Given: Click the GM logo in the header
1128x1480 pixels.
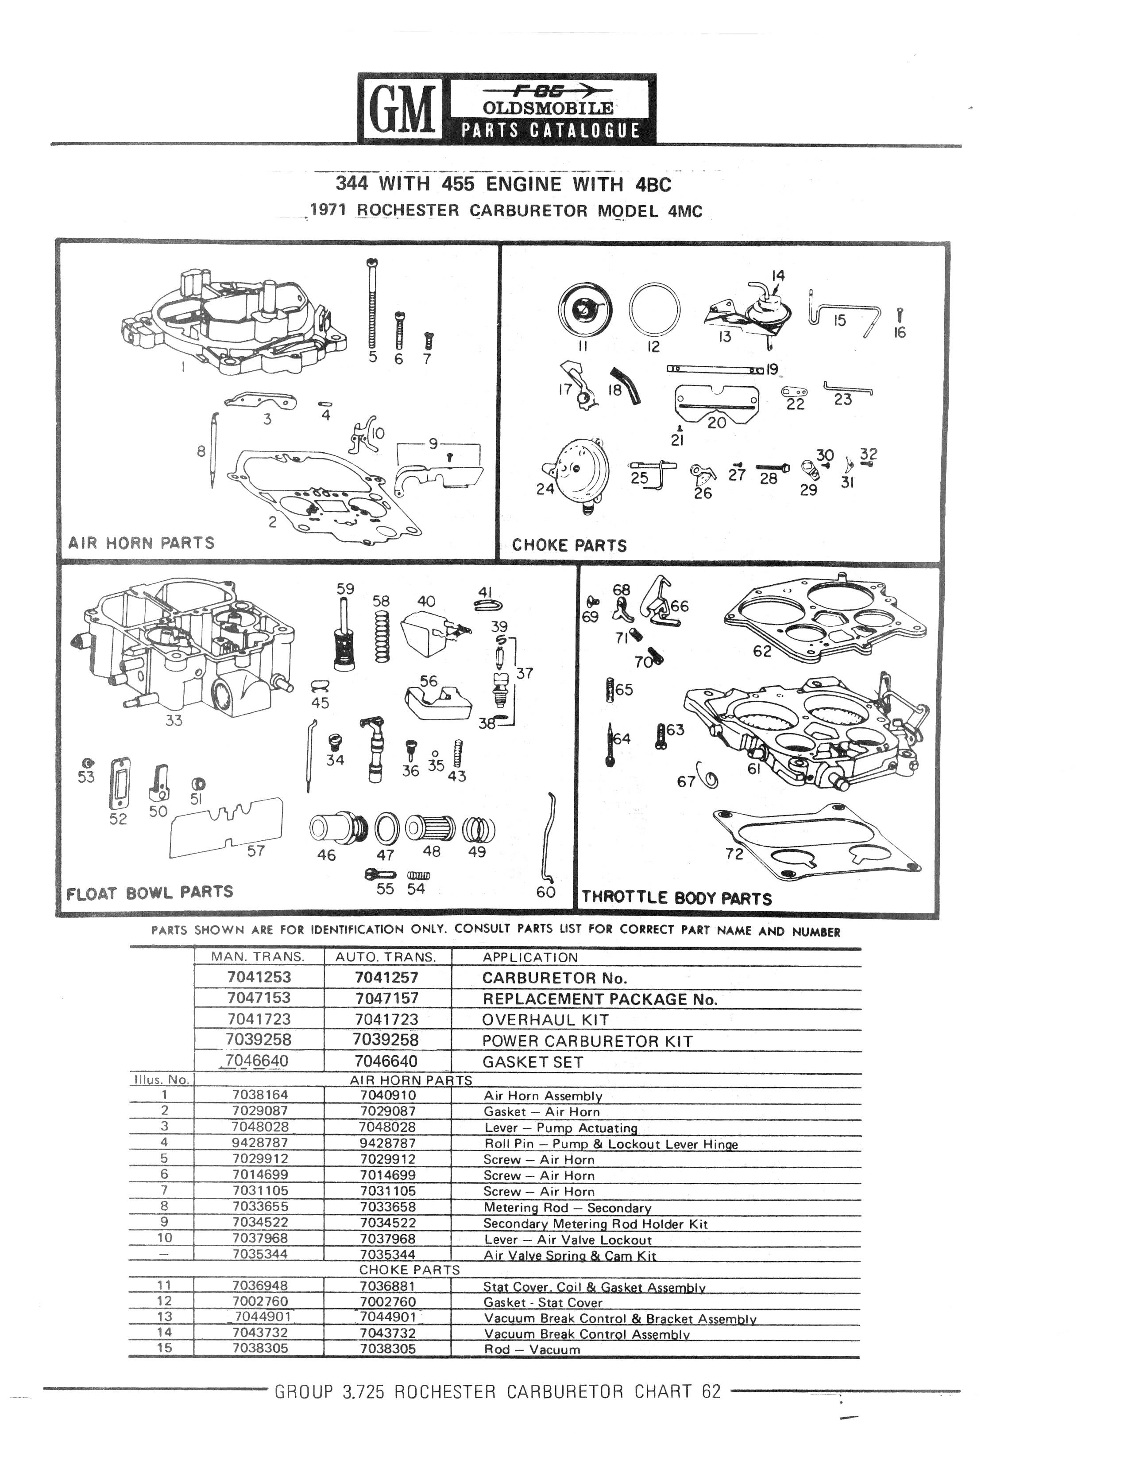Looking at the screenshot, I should coord(401,108).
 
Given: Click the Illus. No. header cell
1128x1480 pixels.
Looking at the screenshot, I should coord(161,1080).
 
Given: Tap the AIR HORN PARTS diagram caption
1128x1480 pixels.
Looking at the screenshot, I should coord(141,542).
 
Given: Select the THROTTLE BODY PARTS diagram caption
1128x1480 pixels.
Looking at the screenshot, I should coord(676,897).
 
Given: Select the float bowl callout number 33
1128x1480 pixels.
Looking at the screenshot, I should coord(174,720).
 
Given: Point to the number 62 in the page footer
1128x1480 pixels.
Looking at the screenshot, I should coord(711,1391).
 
